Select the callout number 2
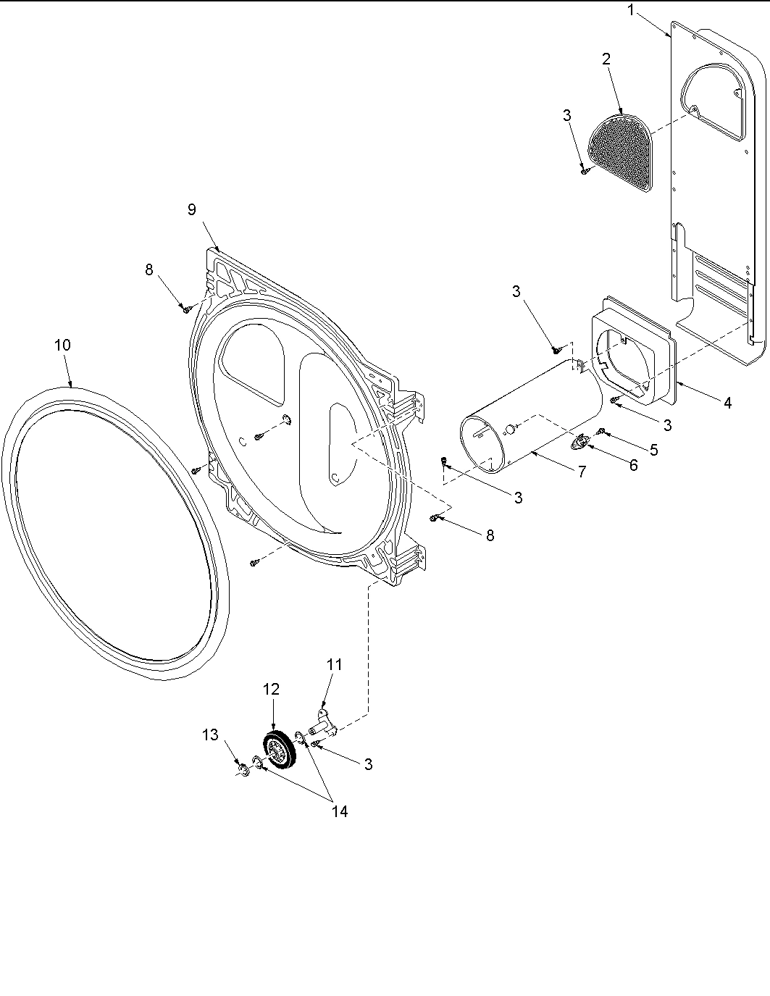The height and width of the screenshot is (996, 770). [x=606, y=59]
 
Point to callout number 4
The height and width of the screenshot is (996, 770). [x=727, y=403]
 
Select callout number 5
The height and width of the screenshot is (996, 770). [x=653, y=450]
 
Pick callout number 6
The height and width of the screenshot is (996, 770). [x=633, y=465]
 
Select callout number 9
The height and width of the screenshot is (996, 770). [x=191, y=209]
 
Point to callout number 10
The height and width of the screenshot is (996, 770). [x=62, y=345]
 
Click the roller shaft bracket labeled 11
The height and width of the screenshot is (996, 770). [x=323, y=724]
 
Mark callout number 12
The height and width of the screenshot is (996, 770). [x=271, y=689]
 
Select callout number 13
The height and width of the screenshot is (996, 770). [x=209, y=735]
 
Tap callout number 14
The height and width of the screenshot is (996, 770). [x=339, y=812]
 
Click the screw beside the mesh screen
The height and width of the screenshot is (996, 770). [x=584, y=171]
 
